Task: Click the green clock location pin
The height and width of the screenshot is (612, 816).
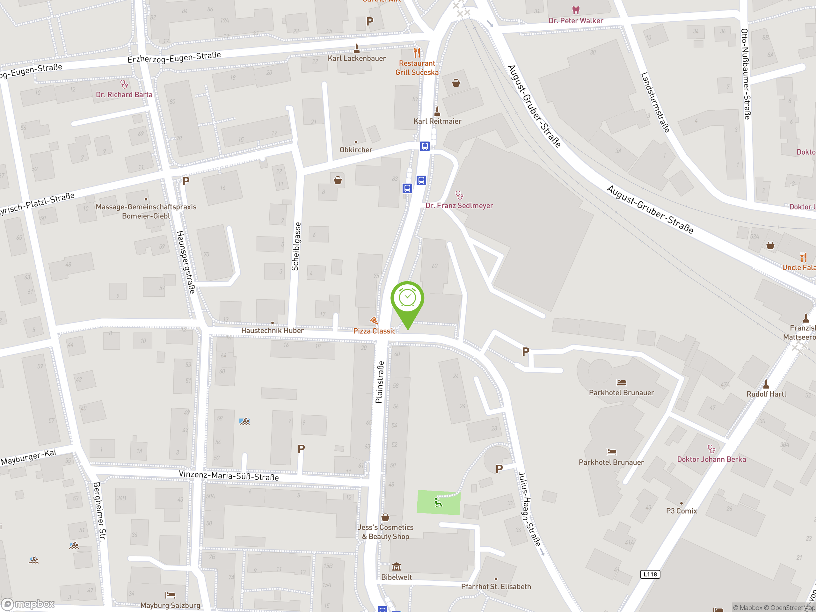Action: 407,299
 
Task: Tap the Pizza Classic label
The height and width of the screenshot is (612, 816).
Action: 374,331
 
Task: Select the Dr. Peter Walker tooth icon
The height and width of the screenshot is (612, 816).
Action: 575,10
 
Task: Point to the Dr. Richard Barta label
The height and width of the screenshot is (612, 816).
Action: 124,95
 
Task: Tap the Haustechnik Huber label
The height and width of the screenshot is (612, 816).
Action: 272,331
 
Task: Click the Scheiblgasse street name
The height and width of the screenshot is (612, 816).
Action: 296,246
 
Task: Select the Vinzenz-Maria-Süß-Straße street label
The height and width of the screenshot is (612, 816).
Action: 229,476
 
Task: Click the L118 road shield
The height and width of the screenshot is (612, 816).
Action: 650,574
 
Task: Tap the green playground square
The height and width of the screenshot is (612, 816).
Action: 438,502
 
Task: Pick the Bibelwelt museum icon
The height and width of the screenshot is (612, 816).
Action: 397,566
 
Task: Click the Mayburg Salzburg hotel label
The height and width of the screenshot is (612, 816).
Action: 170,605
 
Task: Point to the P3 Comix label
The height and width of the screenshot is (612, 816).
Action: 681,511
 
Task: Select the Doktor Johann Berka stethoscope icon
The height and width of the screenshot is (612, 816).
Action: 711,449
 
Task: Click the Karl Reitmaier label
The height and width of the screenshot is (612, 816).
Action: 437,121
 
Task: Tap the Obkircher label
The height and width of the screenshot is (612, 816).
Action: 356,150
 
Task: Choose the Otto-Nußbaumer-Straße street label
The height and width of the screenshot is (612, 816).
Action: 746,74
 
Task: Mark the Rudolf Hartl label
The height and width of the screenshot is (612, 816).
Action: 766,394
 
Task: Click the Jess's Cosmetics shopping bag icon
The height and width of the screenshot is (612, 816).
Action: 385,517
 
